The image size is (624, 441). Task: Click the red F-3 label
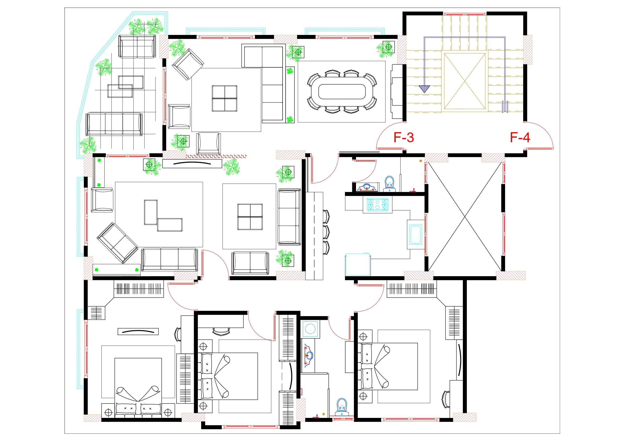tap(404, 137)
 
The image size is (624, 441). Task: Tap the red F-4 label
tap(520, 137)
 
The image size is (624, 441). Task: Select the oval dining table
tap(342, 91)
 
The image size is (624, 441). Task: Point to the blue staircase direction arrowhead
tap(424, 89)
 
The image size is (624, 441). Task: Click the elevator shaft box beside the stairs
tap(465, 81)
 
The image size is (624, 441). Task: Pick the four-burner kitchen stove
tap(378, 205)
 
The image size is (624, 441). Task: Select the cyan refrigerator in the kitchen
tap(358, 264)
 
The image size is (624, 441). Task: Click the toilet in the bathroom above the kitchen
tap(389, 184)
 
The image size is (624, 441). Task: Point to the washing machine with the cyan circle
tap(310, 329)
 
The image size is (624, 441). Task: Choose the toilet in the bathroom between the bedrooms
tap(342, 407)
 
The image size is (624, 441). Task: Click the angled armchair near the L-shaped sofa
tap(188, 64)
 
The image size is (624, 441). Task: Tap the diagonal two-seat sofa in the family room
tap(117, 243)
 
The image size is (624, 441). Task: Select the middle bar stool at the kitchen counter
tap(326, 232)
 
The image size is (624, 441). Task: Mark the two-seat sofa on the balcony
tap(137, 46)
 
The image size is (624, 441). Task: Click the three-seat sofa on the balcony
tap(114, 124)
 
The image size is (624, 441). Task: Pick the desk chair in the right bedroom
tap(446, 400)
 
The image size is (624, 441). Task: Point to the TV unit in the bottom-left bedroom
tap(138, 331)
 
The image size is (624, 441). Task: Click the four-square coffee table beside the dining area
tap(225, 98)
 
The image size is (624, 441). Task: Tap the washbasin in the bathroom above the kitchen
tap(367, 187)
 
